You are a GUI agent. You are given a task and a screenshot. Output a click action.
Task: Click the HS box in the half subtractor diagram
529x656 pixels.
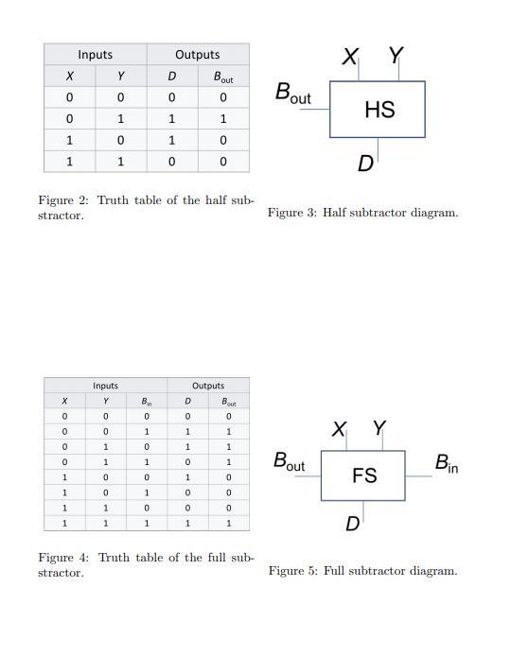378,110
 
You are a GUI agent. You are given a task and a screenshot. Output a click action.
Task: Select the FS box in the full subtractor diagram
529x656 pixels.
363,475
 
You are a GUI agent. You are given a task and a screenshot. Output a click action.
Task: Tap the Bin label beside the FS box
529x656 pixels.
447,464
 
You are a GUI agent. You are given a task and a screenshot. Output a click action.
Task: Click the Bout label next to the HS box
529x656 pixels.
292,94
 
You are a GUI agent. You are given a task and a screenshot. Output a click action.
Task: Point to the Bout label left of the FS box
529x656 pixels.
289,462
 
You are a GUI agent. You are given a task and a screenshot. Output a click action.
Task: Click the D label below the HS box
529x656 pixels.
365,164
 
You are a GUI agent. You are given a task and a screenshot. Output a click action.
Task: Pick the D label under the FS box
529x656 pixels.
352,524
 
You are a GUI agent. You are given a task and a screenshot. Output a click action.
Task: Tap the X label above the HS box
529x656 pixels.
350,57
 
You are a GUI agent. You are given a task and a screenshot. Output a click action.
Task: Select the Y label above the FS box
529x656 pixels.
379,428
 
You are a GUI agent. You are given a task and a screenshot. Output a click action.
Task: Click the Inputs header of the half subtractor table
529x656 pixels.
95,55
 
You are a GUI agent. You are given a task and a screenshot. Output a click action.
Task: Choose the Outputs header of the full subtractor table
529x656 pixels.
208,386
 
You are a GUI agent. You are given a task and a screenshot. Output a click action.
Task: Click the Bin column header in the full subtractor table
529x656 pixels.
147,402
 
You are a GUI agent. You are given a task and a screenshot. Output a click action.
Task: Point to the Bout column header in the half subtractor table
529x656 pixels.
223,77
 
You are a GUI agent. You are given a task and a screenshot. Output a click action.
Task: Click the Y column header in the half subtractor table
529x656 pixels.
120,77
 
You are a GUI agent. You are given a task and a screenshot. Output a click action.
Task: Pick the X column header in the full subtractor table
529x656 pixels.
64,402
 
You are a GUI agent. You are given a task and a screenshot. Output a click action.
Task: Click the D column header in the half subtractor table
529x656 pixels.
172,77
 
